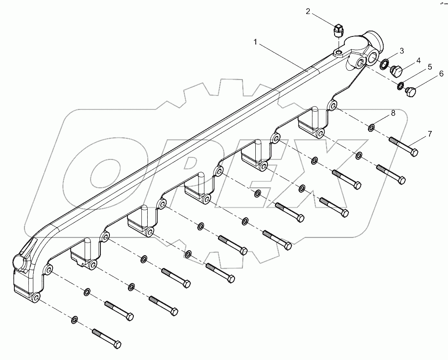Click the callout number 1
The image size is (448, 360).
(255, 42)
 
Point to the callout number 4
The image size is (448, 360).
(418, 60)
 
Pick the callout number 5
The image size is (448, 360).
(430, 67)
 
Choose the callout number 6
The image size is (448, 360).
(441, 74)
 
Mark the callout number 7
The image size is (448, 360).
(430, 134)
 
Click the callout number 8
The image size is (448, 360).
(393, 113)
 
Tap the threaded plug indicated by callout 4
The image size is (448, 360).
(396, 71)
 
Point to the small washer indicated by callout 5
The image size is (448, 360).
(400, 85)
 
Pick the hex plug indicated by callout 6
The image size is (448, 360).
(411, 92)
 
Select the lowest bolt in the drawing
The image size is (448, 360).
(107, 338)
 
